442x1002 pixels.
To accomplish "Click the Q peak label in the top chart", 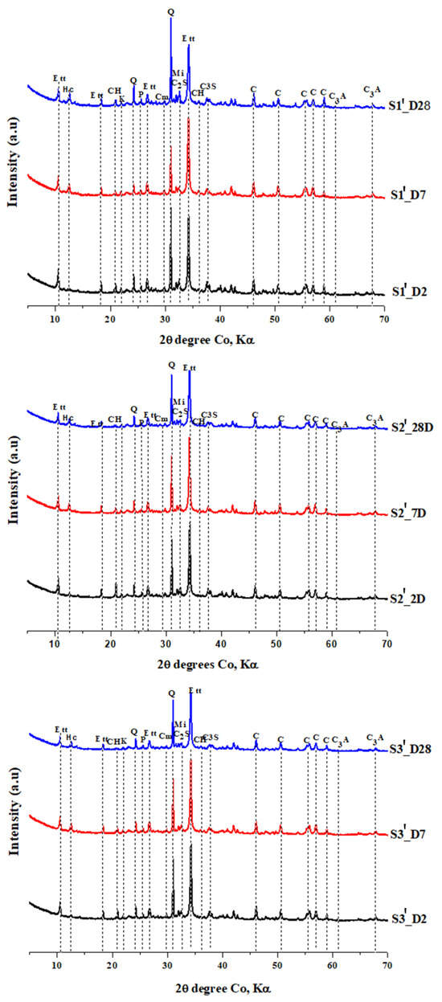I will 170,12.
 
